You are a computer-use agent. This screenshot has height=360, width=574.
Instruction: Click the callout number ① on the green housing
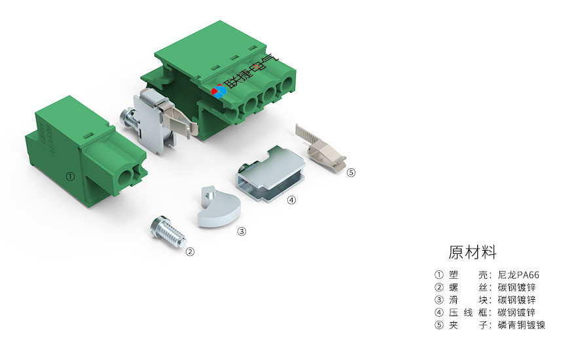pos(70,177)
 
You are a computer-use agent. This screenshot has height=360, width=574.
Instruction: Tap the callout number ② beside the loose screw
pos(190,251)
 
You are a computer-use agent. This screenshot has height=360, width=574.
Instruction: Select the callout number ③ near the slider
pos(242,232)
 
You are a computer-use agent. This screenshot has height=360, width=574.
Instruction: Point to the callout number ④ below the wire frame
pos(291,200)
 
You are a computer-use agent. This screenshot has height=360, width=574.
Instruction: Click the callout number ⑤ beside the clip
pos(351,172)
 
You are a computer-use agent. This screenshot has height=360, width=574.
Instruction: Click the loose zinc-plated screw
pos(168,232)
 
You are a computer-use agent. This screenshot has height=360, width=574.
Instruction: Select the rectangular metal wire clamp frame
pos(271,173)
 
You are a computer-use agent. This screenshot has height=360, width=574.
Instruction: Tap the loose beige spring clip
pos(321,147)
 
